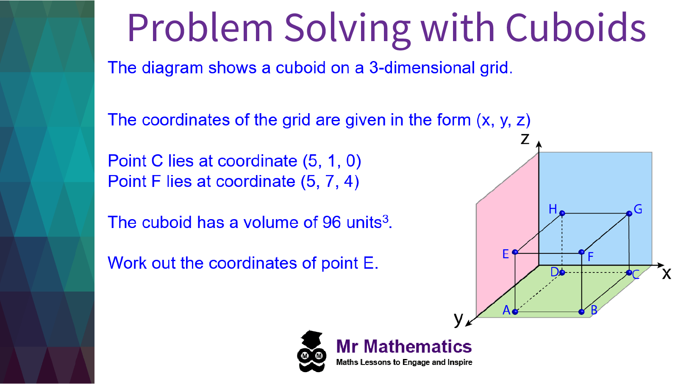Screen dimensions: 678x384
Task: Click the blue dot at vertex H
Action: [x=562, y=213]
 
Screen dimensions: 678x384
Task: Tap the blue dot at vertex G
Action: [x=629, y=214]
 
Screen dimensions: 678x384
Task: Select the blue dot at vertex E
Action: [x=515, y=252]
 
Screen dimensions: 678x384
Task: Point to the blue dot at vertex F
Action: [x=581, y=252]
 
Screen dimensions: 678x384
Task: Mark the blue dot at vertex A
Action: [x=515, y=312]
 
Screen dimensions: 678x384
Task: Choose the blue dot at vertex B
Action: [x=581, y=312]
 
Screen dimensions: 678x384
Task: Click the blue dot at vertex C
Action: [x=629, y=273]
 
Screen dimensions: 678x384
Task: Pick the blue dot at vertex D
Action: [x=562, y=273]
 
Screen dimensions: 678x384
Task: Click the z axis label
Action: [x=525, y=139]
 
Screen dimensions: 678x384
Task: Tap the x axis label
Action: [x=667, y=273]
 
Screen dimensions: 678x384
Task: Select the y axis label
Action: [x=458, y=319]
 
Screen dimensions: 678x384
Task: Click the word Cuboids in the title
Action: [x=576, y=28]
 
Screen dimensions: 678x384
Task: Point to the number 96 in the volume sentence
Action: [x=332, y=222]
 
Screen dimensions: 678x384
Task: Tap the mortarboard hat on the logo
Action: [x=311, y=339]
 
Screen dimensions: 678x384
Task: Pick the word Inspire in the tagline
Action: [x=460, y=362]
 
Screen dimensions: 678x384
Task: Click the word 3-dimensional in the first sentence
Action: [x=422, y=67]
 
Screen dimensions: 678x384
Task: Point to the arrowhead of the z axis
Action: [x=539, y=144]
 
